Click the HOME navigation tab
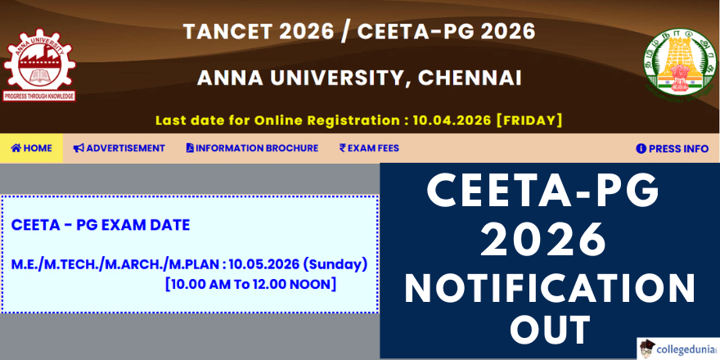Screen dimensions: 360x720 point(32,148)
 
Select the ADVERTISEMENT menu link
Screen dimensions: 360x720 point(119,148)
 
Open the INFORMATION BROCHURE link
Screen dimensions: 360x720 point(252,148)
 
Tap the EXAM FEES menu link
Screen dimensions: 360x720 point(369,148)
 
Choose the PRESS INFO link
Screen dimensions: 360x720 point(672,148)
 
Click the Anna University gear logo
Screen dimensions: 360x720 point(39,65)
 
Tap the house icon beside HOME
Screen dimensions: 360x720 point(16,148)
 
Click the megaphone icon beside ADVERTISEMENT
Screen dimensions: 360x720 point(79,148)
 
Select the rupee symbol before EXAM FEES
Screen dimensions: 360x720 point(343,148)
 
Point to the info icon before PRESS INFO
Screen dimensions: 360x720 point(641,149)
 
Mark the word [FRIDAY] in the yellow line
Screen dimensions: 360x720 point(529,119)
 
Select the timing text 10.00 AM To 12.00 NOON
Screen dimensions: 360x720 point(250,284)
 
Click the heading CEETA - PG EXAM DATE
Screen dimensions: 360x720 point(101,224)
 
